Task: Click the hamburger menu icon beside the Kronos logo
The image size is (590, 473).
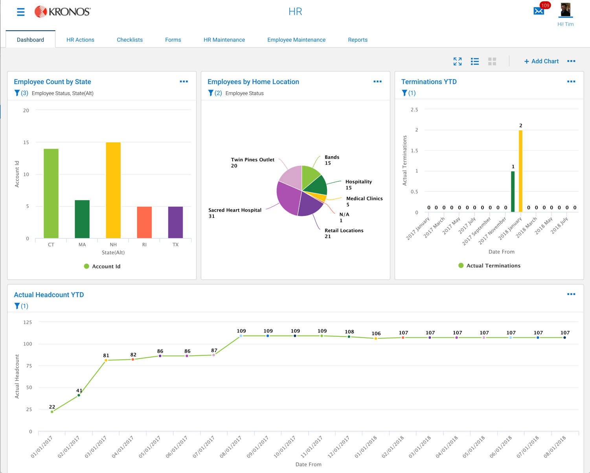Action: (21, 12)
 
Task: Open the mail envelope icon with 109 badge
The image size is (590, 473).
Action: (539, 11)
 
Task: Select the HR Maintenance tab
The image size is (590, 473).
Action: (224, 40)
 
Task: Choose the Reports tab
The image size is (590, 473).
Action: (357, 40)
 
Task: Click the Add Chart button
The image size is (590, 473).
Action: (541, 61)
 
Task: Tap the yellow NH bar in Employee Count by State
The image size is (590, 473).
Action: (113, 190)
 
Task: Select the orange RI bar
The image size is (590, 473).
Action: (144, 222)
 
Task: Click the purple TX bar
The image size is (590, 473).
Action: (175, 222)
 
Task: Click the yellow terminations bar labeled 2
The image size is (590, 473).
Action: (520, 171)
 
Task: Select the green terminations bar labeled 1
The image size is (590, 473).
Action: (513, 192)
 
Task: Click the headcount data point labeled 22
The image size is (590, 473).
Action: (52, 412)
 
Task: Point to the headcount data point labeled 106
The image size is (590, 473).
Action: (376, 338)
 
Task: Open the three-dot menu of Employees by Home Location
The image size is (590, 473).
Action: (377, 82)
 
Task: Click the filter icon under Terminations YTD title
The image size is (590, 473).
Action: (404, 93)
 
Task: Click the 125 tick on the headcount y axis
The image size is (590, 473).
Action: (28, 322)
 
